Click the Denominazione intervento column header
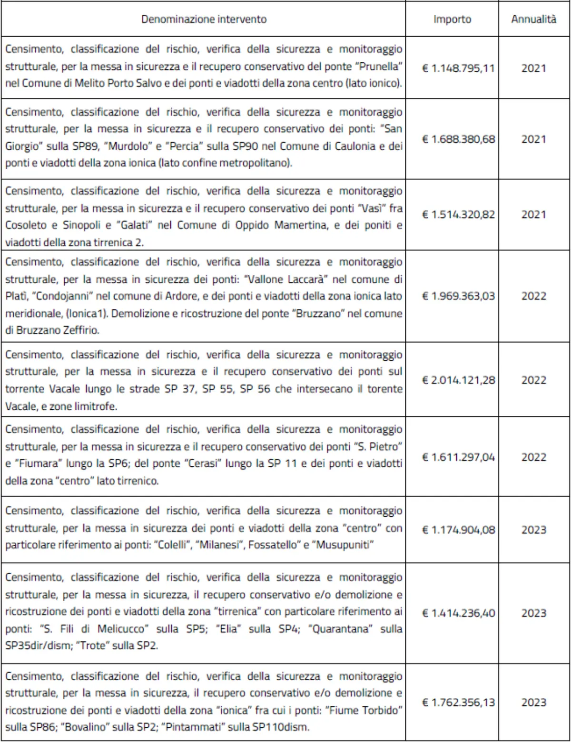pyautogui.click(x=204, y=19)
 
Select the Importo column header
pyautogui.click(x=452, y=19)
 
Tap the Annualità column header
pyautogui.click(x=533, y=19)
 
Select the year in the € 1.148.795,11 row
pyautogui.click(x=533, y=68)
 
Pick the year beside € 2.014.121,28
pyautogui.click(x=533, y=380)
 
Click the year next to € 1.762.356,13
pyautogui.click(x=533, y=702)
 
